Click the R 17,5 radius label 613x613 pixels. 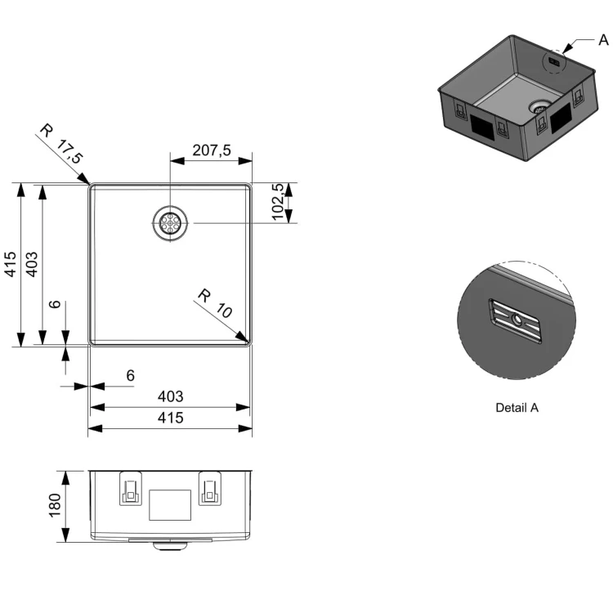click(62, 144)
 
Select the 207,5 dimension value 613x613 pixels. click(212, 150)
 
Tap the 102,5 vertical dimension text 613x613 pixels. click(278, 202)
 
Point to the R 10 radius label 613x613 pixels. click(215, 303)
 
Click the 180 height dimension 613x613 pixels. click(55, 505)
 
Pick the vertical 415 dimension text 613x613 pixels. click(11, 264)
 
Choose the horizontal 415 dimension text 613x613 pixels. click(171, 418)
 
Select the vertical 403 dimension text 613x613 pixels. click(32, 264)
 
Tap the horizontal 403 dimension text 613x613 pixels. click(171, 396)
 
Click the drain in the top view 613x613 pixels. click(170, 223)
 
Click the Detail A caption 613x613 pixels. click(517, 408)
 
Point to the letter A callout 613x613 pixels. click(603, 40)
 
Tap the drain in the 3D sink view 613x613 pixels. click(540, 106)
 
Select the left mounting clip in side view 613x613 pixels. click(131, 489)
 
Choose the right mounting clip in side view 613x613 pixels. click(210, 489)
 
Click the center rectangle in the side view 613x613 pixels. click(170, 505)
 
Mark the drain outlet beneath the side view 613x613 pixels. click(170, 545)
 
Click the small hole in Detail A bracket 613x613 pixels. click(517, 320)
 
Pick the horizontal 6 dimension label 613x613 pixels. click(131, 376)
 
